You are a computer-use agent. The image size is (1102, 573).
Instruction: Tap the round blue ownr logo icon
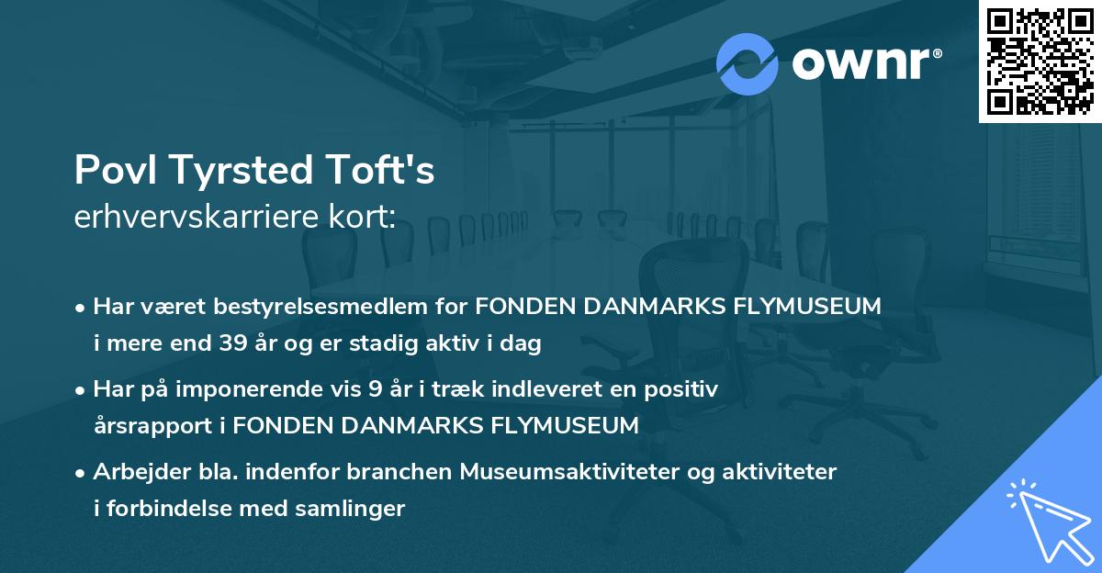748,63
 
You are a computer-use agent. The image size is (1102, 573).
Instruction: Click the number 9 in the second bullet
375,389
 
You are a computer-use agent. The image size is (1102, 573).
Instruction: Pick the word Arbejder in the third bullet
137,472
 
